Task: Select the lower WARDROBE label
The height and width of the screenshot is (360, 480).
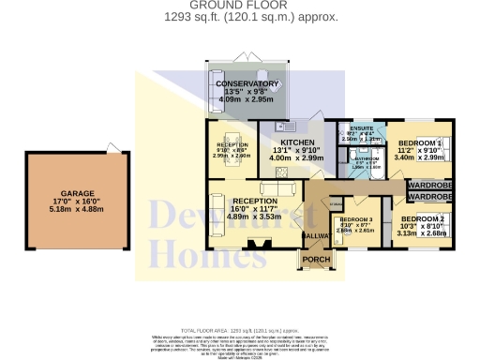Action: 430,197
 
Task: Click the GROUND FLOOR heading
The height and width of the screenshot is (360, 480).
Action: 239,5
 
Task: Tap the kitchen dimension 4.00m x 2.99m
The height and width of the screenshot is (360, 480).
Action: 288,158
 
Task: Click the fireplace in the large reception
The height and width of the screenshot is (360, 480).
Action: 253,247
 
